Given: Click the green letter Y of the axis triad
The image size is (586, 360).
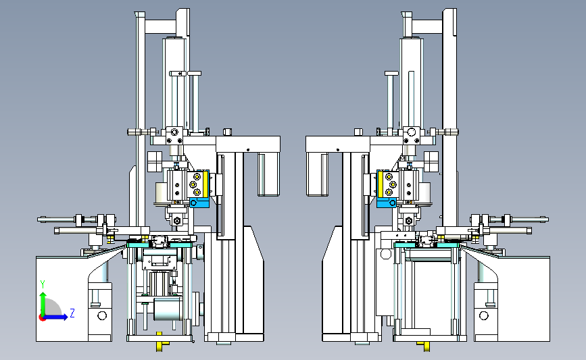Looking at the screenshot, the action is click(x=43, y=284).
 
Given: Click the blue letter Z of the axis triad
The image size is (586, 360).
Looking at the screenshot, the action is click(x=72, y=313).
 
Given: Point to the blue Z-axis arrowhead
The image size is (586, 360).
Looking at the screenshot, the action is click(x=65, y=317).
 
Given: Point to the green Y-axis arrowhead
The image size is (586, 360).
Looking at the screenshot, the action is click(x=43, y=295).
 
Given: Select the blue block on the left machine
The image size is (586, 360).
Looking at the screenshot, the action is click(x=199, y=203).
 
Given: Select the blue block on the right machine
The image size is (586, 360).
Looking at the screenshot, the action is click(x=387, y=203).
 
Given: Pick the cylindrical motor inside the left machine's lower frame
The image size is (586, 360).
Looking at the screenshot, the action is click(x=168, y=309).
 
